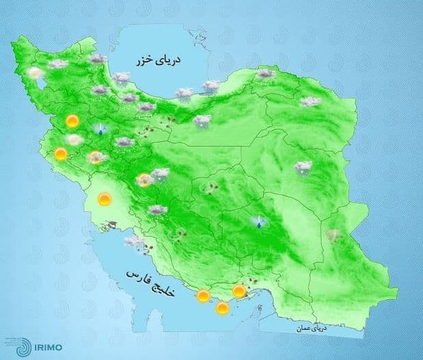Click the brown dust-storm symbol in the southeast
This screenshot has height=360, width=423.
334,235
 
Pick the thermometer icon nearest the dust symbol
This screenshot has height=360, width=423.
258,221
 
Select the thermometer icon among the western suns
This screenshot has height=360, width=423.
101,129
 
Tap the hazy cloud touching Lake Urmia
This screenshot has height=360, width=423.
34,73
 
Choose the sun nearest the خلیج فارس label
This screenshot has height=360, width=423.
202,296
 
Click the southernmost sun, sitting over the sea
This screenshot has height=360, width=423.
222,309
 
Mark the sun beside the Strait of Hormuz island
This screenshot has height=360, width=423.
239,292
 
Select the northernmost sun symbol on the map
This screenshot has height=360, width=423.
71,121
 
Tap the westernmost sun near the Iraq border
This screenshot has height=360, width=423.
61,154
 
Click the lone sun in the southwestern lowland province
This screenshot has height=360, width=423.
104,200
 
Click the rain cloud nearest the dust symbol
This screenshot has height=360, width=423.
302,166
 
